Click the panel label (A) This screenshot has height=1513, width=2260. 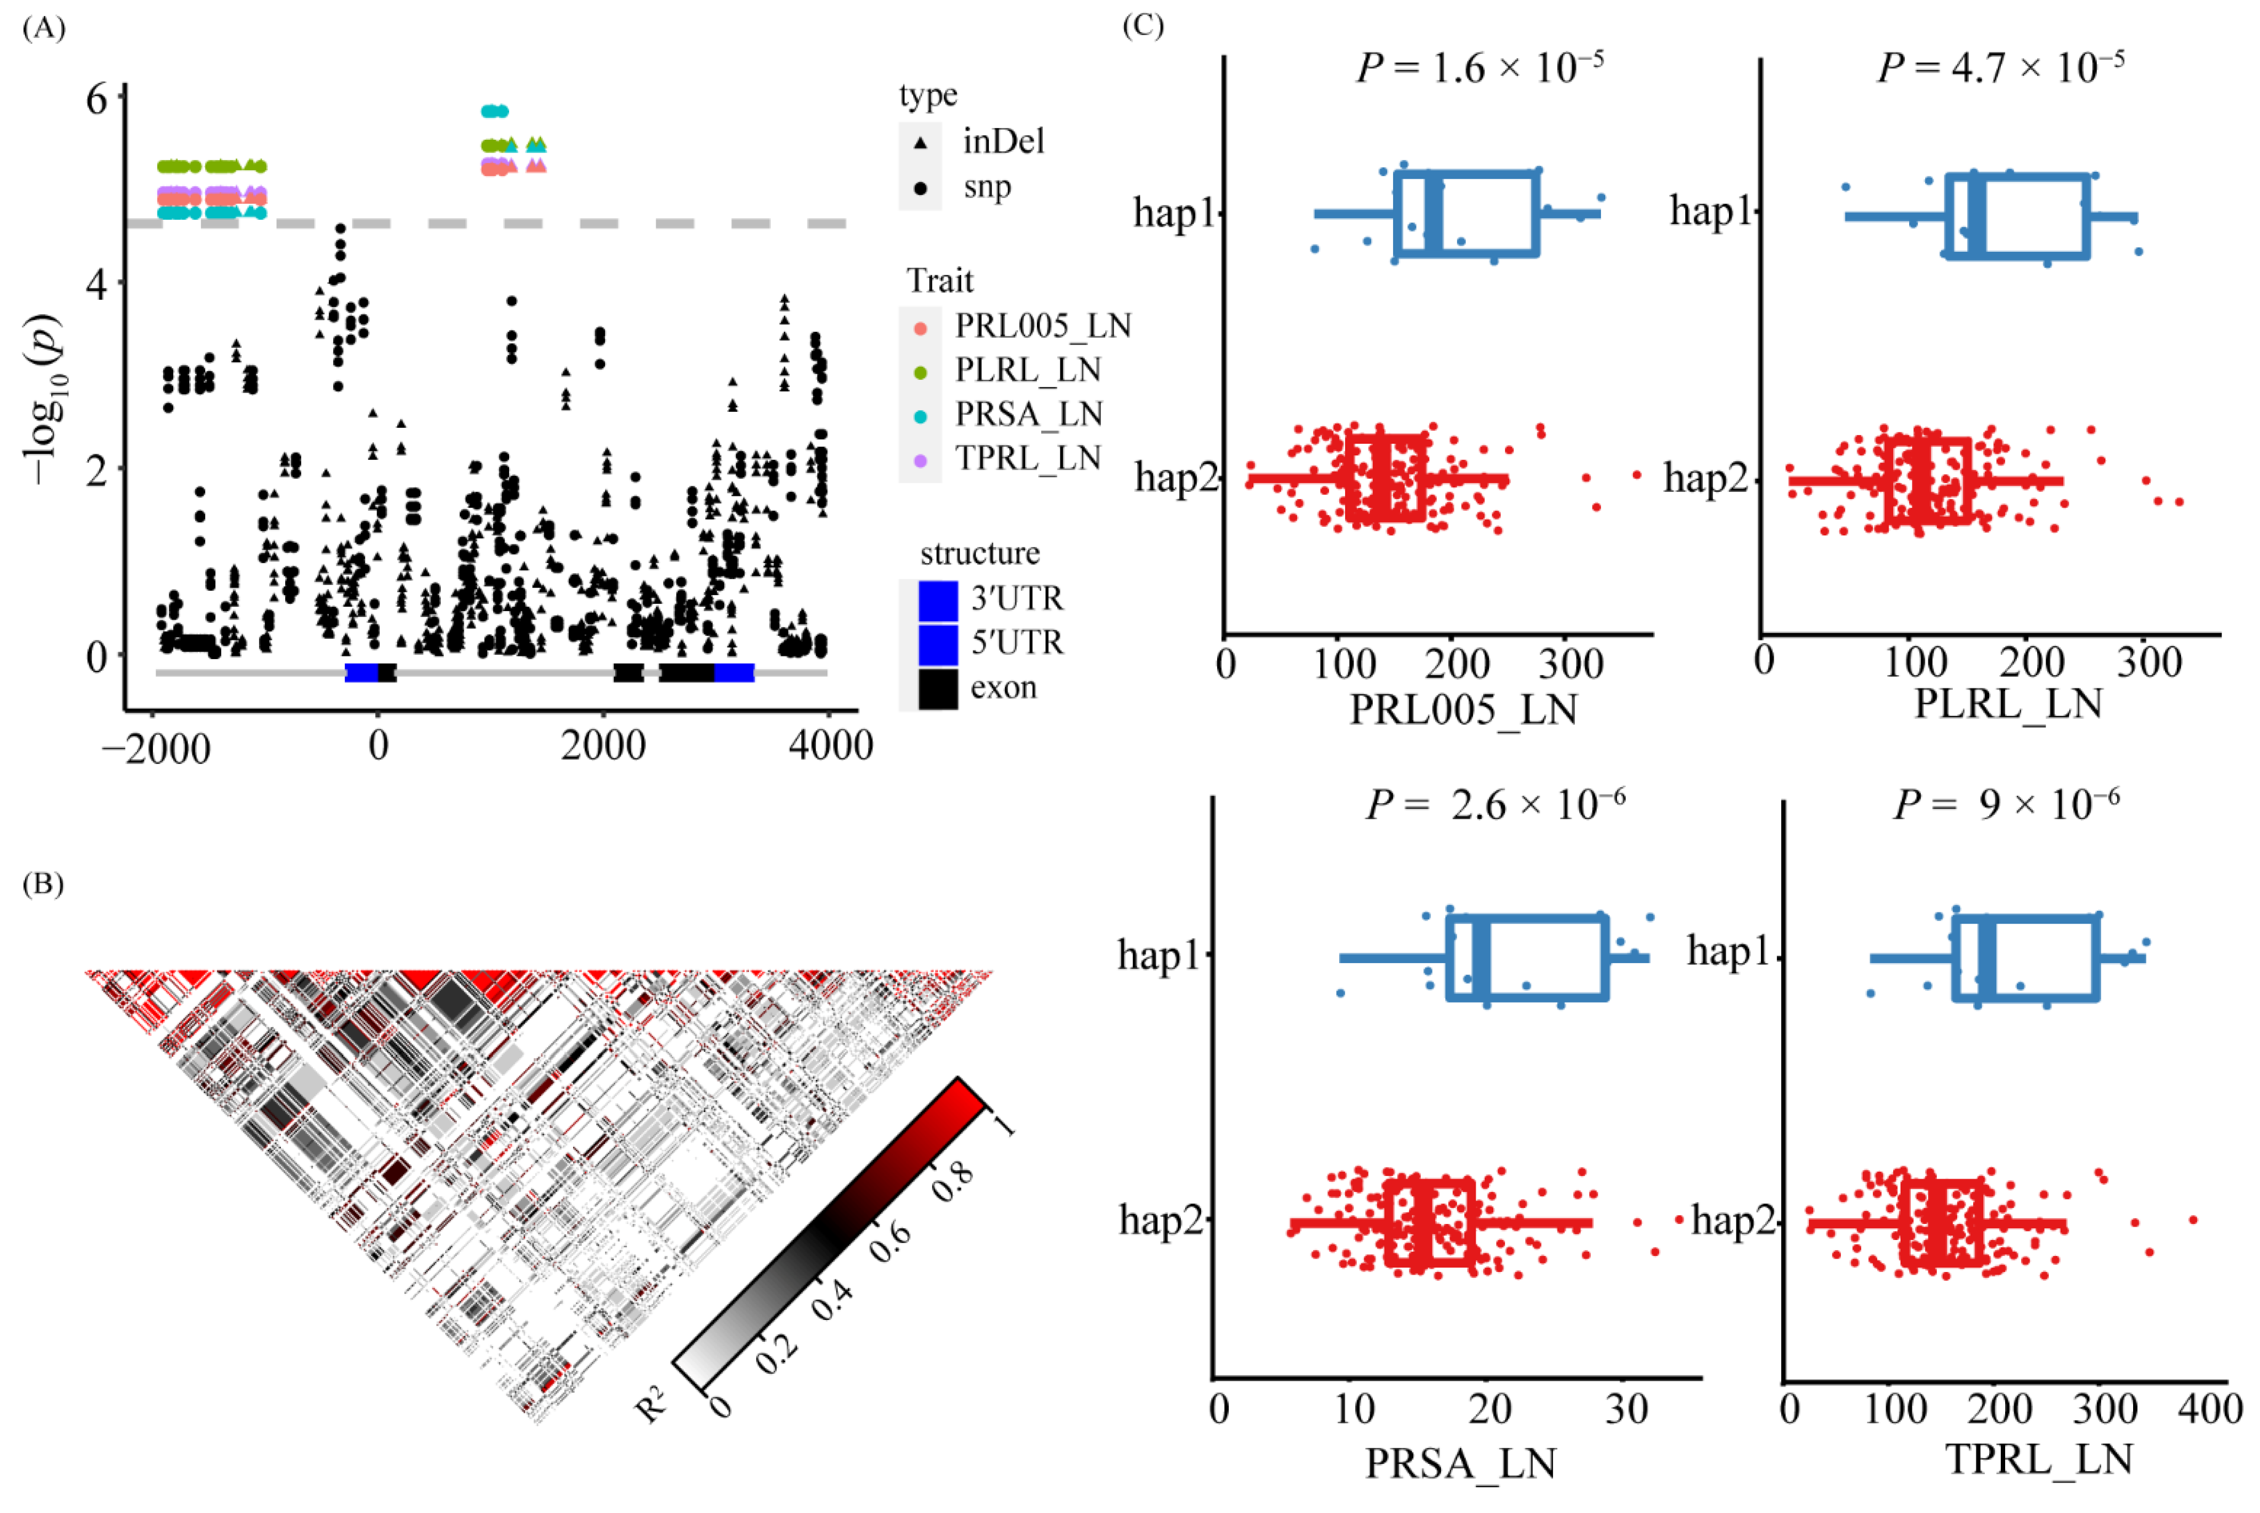click(43, 28)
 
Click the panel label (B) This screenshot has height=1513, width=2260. click(43, 884)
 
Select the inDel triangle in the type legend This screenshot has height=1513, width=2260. click(920, 143)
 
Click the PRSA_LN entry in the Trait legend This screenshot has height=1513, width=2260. click(1028, 414)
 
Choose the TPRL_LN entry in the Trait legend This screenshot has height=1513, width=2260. click(1028, 458)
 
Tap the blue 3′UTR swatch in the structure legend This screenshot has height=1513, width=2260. click(938, 600)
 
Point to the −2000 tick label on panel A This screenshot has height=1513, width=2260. click(156, 748)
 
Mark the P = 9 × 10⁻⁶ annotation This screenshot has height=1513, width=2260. click(2006, 804)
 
